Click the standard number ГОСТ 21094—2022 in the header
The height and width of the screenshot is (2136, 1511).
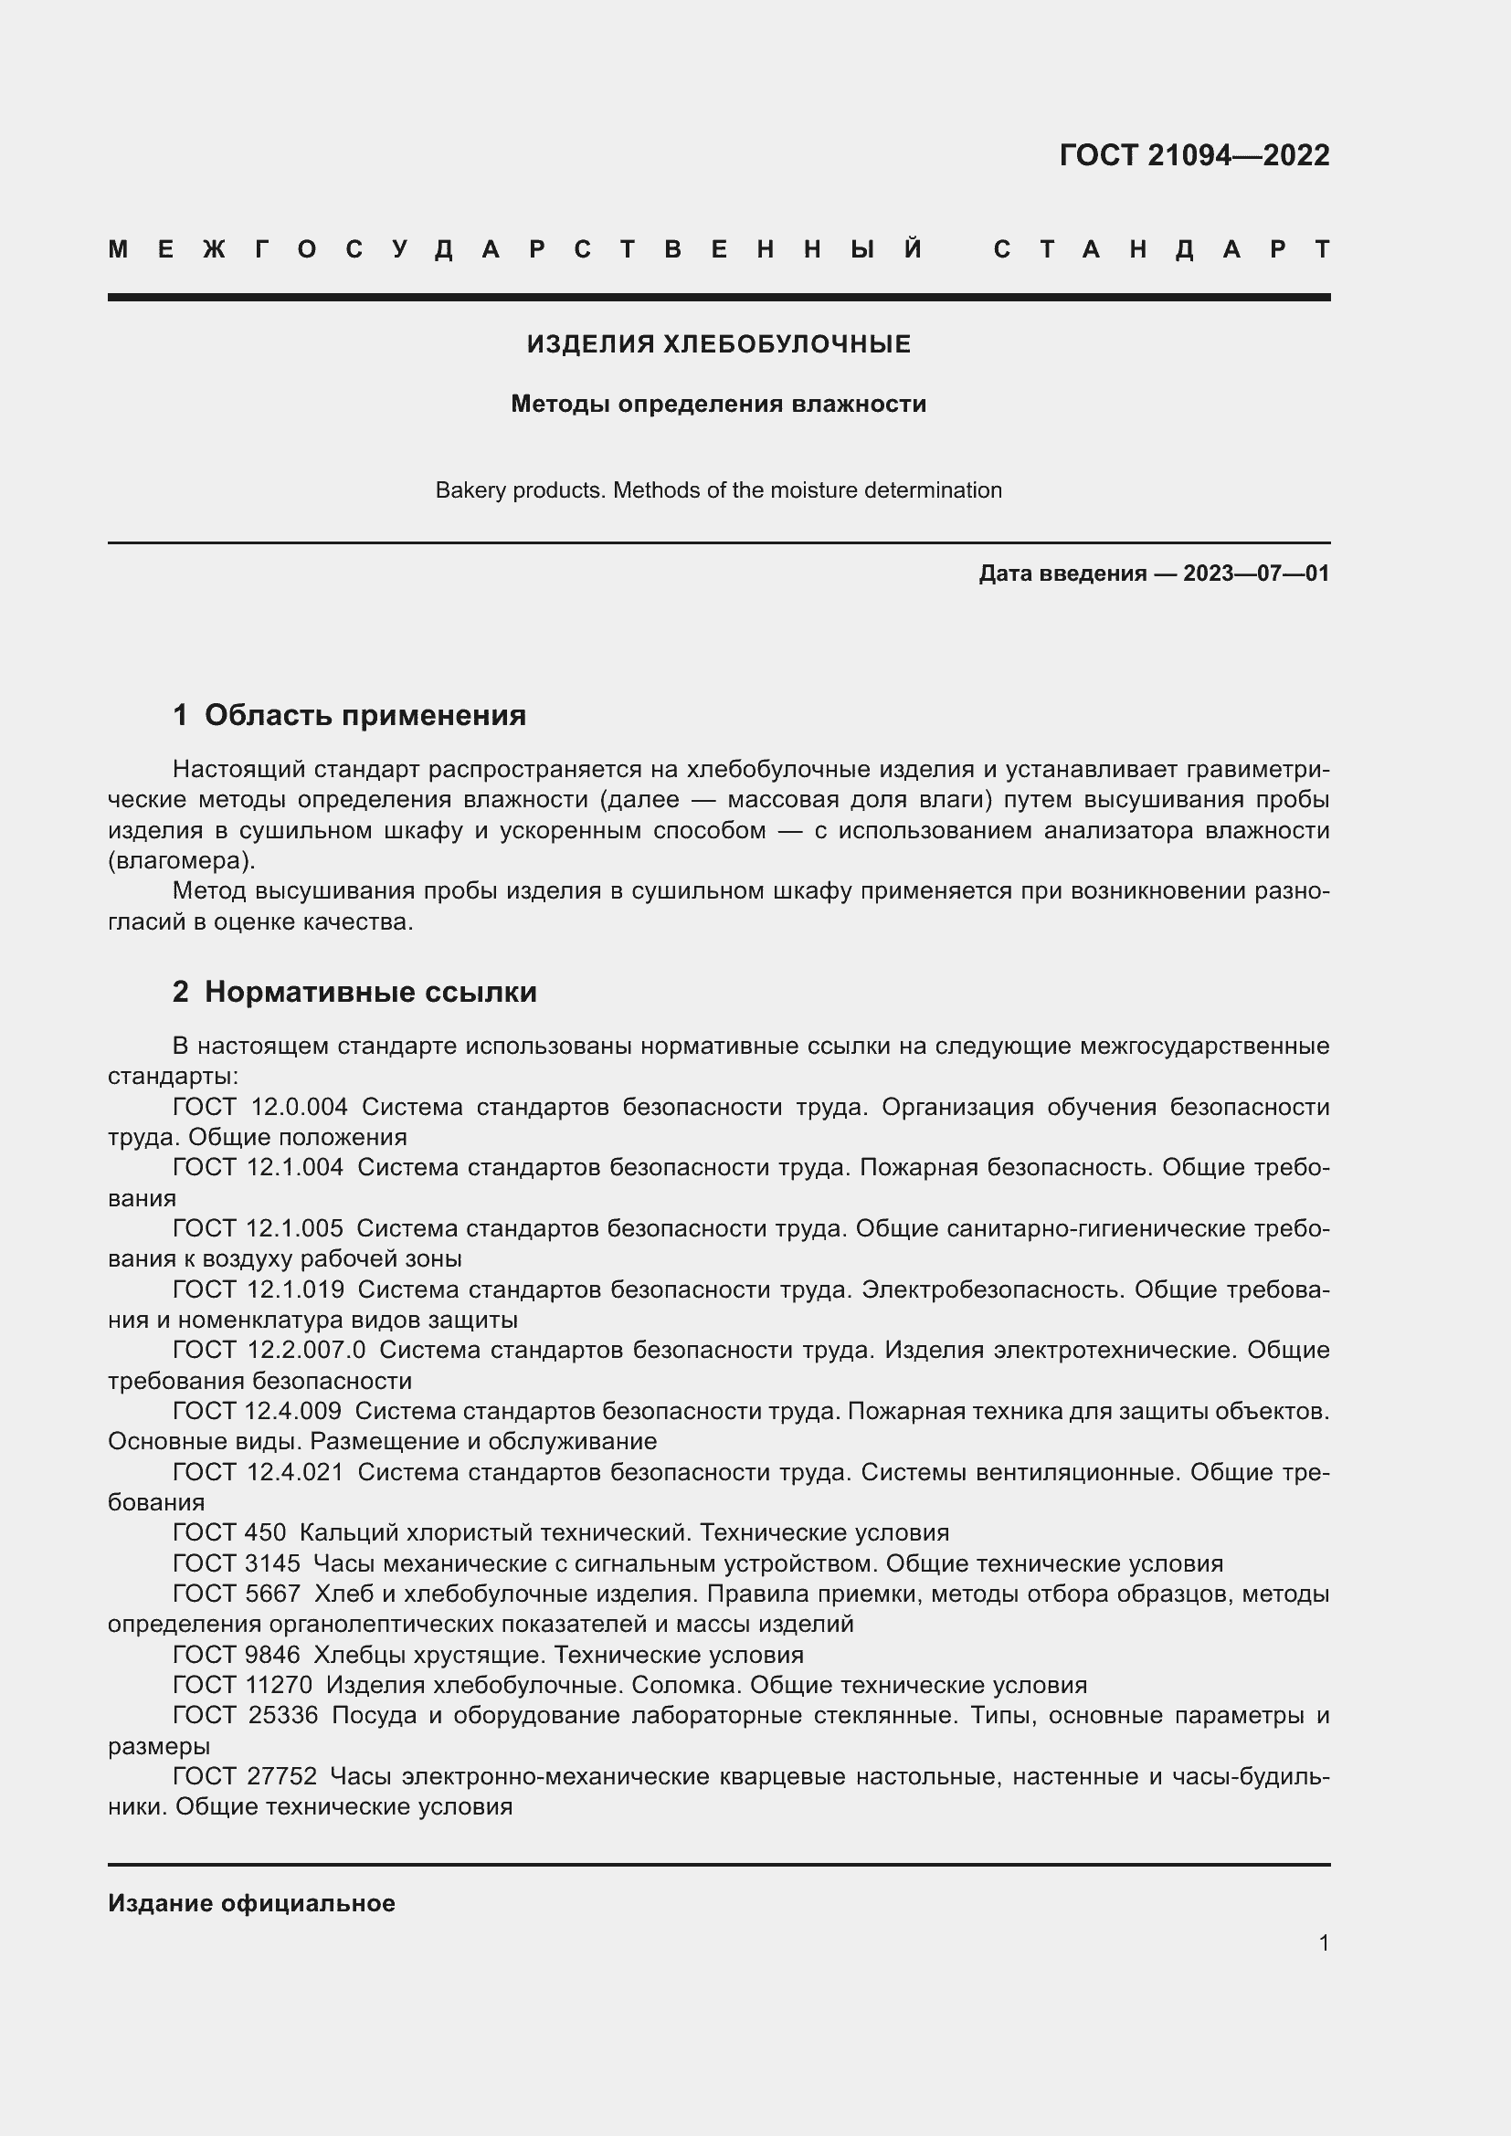click(1194, 155)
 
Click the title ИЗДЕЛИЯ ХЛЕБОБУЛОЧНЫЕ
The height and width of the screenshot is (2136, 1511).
click(718, 344)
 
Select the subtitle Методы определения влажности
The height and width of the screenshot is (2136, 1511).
click(718, 404)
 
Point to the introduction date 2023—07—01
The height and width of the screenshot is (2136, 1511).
click(1256, 573)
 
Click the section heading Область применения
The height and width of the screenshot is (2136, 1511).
click(365, 715)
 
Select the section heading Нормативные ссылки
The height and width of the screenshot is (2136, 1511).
click(370, 992)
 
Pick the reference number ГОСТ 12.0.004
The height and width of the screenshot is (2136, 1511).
click(259, 1107)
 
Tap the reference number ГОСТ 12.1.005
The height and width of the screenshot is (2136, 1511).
click(258, 1228)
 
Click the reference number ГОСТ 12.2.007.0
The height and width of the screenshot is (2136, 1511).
click(269, 1350)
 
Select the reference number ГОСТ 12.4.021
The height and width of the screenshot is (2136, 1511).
click(258, 1472)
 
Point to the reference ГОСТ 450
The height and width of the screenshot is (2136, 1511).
click(229, 1532)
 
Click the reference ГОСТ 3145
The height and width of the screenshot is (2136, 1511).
click(237, 1563)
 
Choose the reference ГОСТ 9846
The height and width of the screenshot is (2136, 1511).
click(237, 1655)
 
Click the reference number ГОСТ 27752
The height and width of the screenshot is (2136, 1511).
click(245, 1776)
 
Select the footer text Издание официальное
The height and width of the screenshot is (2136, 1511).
click(251, 1903)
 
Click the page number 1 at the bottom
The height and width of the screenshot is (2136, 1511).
click(1323, 1943)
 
